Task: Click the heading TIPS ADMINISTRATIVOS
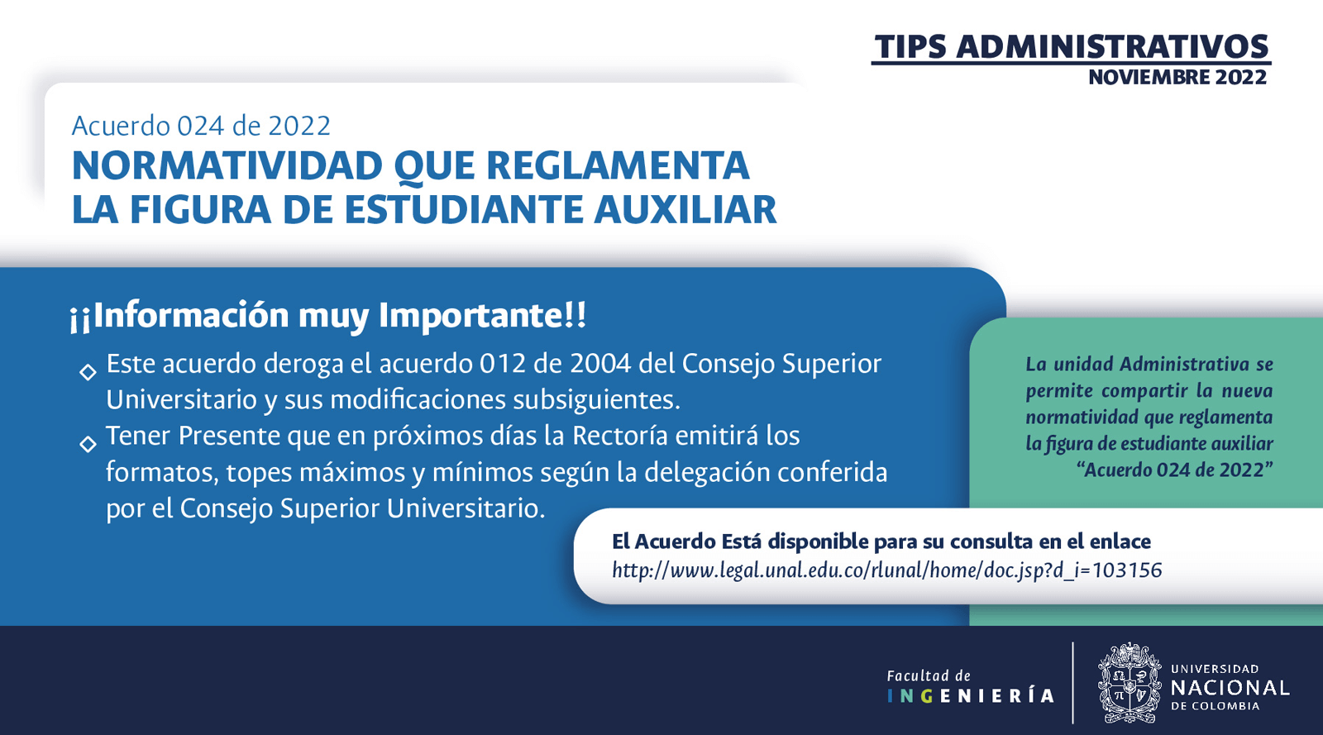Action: coord(1072,47)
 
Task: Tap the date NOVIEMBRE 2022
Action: coord(1177,78)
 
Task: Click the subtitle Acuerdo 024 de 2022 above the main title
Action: coord(201,126)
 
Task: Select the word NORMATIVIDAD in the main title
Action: coord(227,166)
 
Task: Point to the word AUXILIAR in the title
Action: coord(685,209)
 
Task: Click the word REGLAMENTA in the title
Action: coord(618,166)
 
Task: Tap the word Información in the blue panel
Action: coord(191,315)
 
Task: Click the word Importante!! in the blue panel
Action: coord(483,315)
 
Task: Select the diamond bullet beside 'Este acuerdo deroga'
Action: coord(88,372)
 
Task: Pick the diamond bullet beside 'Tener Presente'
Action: coord(88,444)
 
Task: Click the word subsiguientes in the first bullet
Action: coord(596,400)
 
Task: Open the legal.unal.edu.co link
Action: coord(887,570)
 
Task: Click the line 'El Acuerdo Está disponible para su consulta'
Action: coord(881,542)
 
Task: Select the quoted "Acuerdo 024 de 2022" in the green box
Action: coord(1174,470)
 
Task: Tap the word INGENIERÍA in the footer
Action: coord(971,696)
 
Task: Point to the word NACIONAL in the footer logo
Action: coord(1230,689)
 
